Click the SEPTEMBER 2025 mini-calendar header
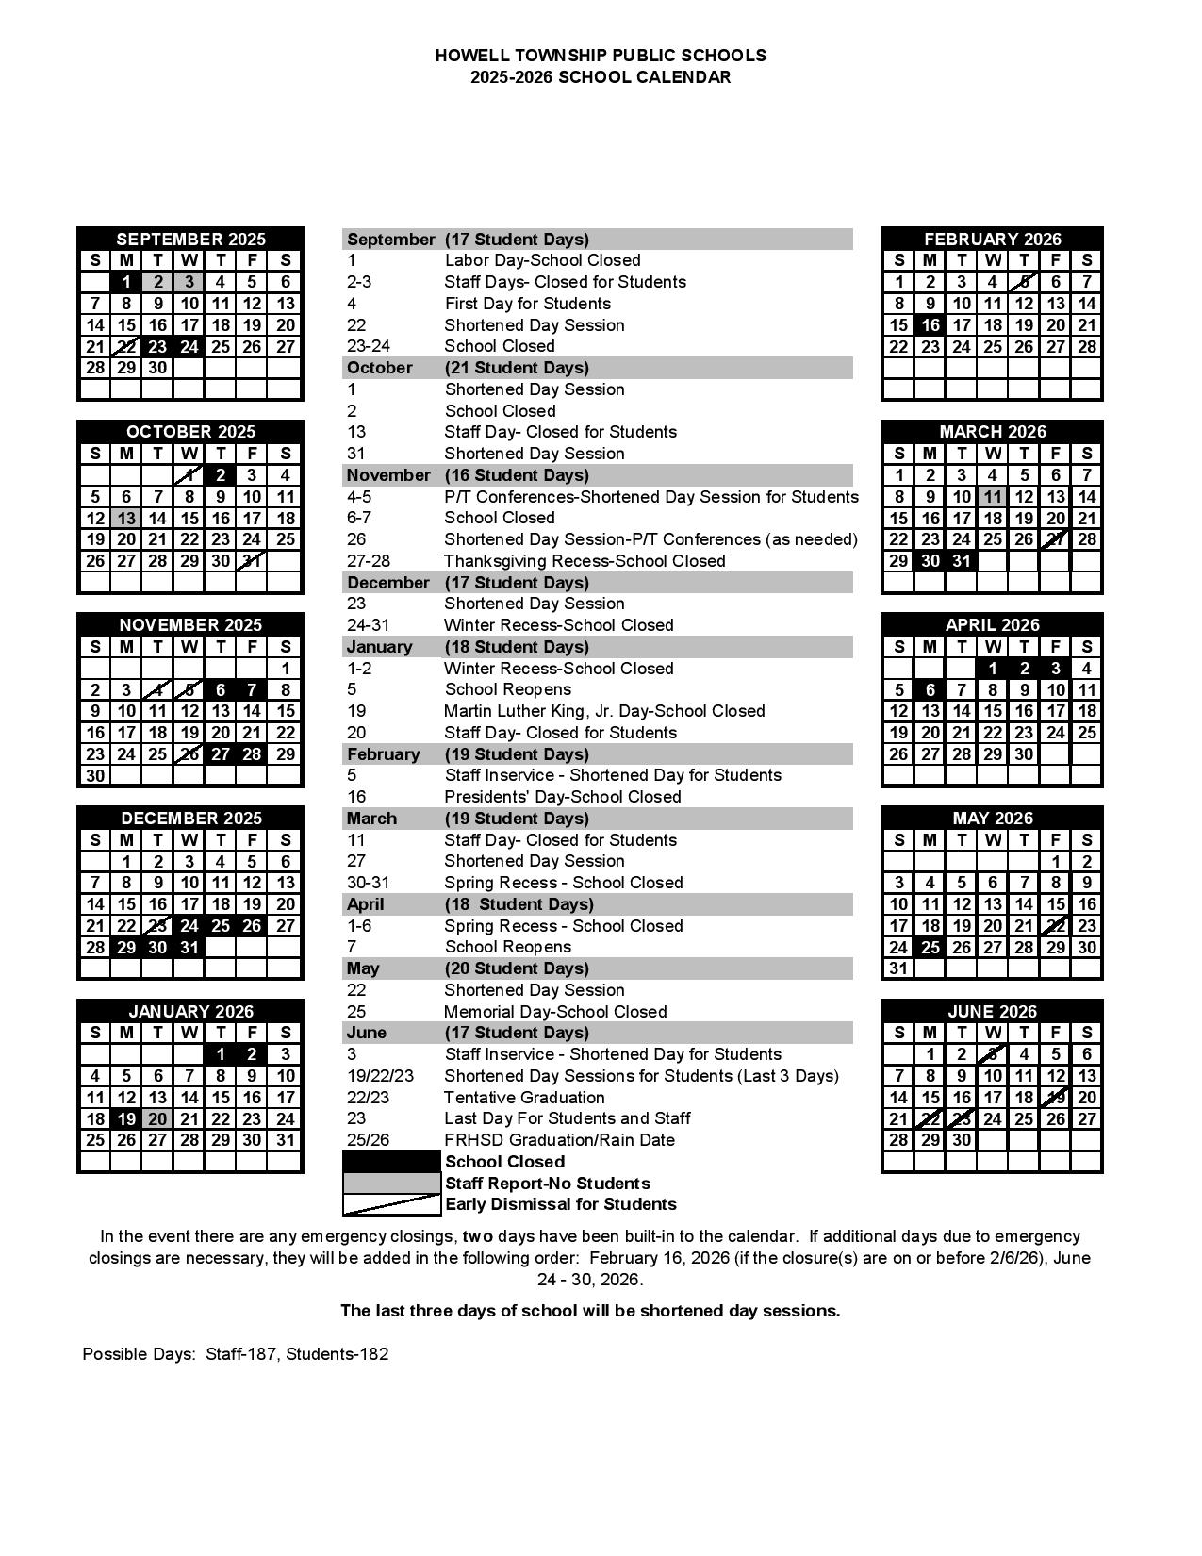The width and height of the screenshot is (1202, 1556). [190, 239]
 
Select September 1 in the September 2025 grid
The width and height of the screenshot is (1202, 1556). [126, 282]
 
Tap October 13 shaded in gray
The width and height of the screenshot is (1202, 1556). [126, 518]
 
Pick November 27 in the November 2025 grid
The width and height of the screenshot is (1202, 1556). [221, 753]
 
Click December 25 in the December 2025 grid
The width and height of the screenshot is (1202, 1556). [221, 926]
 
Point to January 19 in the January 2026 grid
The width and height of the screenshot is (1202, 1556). [126, 1118]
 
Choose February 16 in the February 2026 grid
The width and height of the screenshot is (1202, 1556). [930, 325]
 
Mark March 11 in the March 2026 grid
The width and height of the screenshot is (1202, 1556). [993, 497]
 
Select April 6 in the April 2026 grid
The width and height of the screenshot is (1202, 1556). [930, 689]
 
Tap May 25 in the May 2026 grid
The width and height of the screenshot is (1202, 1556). [930, 947]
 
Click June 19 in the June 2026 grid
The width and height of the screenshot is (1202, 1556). [1056, 1097]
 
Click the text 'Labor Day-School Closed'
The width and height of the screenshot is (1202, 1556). [542, 260]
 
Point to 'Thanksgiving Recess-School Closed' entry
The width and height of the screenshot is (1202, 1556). [585, 561]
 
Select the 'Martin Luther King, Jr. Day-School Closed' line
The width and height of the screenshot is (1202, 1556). [604, 711]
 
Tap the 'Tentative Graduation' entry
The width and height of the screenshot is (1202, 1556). [524, 1098]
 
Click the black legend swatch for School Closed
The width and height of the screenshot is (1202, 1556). [391, 1162]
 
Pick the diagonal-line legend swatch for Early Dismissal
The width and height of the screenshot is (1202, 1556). [391, 1204]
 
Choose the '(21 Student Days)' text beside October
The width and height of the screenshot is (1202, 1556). [517, 368]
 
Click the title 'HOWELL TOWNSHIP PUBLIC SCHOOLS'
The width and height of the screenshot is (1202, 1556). [601, 56]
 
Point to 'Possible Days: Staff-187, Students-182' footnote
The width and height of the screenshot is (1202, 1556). [236, 1354]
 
